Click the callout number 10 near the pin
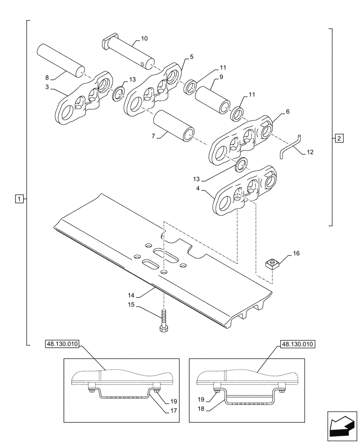coord(145,39)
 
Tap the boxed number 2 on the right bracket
coord(339,138)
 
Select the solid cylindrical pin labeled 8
coord(60,60)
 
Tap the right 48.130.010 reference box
coord(297,344)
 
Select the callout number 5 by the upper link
coord(192,57)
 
